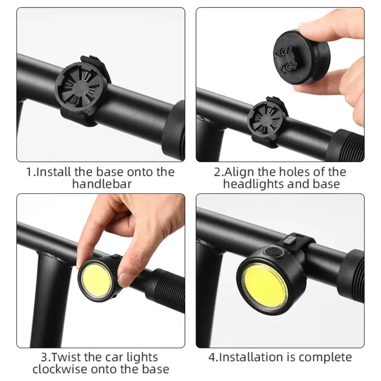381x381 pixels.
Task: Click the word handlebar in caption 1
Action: coord(102,184)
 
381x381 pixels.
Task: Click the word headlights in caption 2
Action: coord(254,184)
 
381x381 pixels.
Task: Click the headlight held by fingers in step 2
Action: coord(301,57)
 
